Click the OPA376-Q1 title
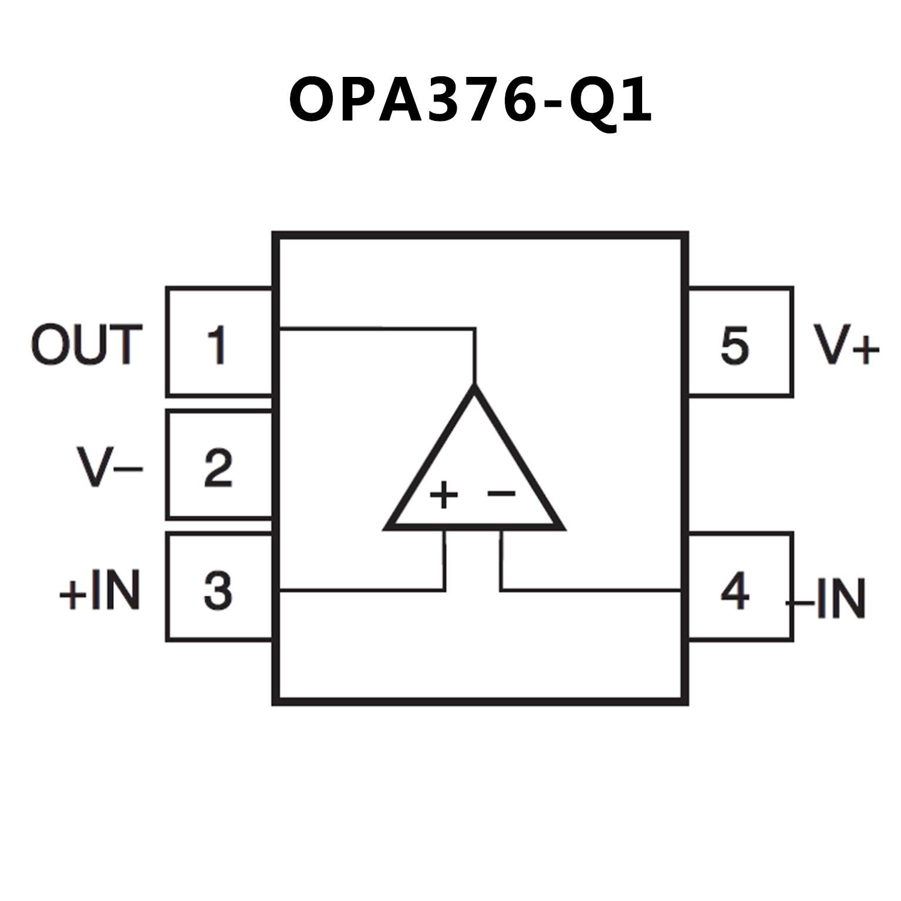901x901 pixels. (x=470, y=100)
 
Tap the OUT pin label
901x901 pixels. (x=87, y=345)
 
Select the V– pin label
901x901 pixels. (x=110, y=467)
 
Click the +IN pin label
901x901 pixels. (x=100, y=590)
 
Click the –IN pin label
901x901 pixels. (x=828, y=598)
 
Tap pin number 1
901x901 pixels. (x=217, y=345)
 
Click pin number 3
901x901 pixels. (x=218, y=590)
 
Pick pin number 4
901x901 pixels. (x=735, y=590)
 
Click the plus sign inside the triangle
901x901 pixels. (x=444, y=494)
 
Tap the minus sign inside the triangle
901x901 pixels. (x=501, y=494)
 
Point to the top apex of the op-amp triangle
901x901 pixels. (x=474, y=388)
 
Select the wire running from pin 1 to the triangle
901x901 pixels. (x=376, y=329)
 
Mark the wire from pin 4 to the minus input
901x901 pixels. (x=587, y=589)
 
